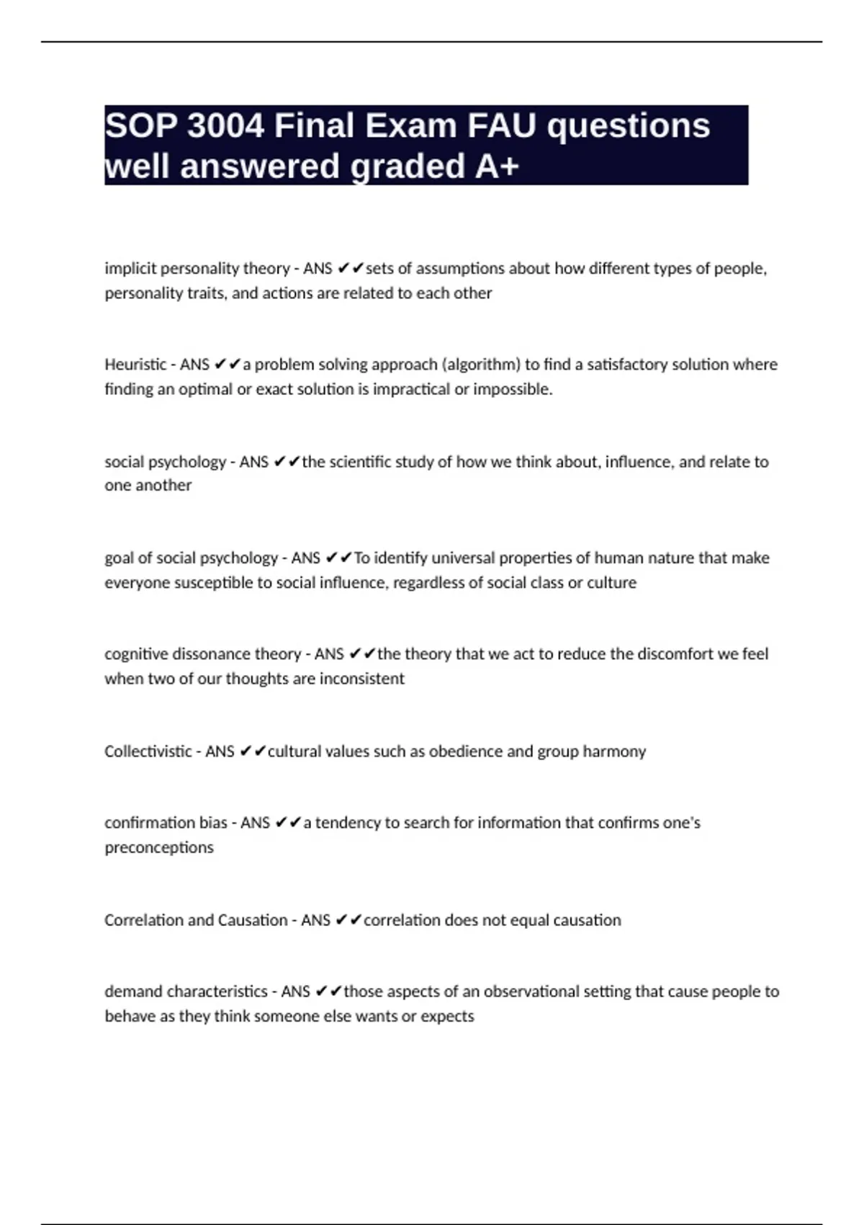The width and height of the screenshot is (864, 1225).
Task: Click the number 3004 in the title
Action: pyautogui.click(x=225, y=126)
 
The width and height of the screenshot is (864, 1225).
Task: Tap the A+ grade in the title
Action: pyautogui.click(x=497, y=166)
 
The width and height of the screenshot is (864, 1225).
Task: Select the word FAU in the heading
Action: pyautogui.click(x=502, y=126)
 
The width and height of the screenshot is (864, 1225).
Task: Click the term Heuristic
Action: pyautogui.click(x=135, y=365)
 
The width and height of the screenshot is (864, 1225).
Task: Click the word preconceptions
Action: pyautogui.click(x=159, y=847)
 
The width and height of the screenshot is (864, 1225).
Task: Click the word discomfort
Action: pyautogui.click(x=675, y=654)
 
